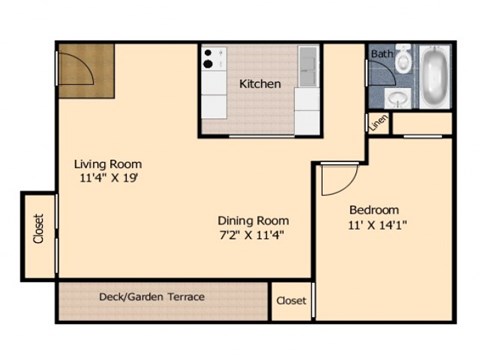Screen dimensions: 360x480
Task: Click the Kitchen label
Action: (x=259, y=84)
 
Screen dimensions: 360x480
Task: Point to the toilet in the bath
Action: (x=403, y=61)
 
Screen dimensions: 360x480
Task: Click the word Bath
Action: (x=381, y=53)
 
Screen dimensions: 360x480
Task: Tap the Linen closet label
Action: (x=377, y=123)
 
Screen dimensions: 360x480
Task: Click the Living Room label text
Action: (x=108, y=164)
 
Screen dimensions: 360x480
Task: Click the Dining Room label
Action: (x=254, y=221)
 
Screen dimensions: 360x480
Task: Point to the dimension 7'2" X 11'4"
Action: (x=254, y=237)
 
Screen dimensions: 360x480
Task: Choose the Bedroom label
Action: (x=374, y=210)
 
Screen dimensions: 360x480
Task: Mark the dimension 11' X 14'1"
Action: (x=377, y=226)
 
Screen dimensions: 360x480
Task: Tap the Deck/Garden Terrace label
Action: (x=152, y=297)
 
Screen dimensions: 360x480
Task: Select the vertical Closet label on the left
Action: (x=39, y=231)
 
